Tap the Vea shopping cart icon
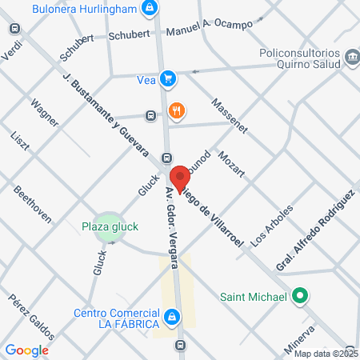click(x=167, y=78)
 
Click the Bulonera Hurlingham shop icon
click(x=148, y=9)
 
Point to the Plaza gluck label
click(x=110, y=226)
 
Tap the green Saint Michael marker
click(x=299, y=298)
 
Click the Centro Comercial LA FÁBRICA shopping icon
click(x=171, y=318)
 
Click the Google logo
click(x=26, y=350)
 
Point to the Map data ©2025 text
click(x=325, y=354)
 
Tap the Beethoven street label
click(x=33, y=205)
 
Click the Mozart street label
click(x=230, y=163)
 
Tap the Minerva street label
click(x=302, y=338)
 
